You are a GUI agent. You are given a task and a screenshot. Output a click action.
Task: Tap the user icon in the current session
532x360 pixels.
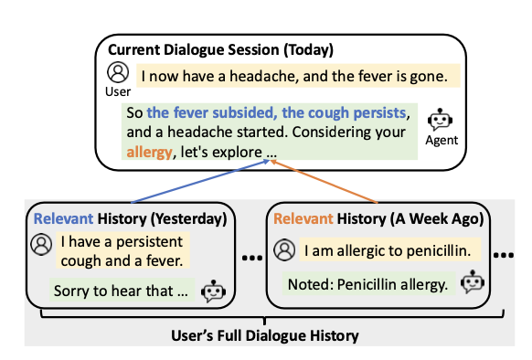pyautogui.click(x=117, y=72)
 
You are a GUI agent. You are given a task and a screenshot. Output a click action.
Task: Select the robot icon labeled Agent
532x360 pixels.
pyautogui.click(x=441, y=121)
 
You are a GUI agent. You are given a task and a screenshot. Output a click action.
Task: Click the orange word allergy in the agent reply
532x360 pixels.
pyautogui.click(x=149, y=152)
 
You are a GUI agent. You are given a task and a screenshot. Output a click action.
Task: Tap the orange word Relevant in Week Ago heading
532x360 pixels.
pyautogui.click(x=303, y=218)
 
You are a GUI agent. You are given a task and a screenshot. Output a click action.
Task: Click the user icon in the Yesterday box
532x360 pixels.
pyautogui.click(x=41, y=244)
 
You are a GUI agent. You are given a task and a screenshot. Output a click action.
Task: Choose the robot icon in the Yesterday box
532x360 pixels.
pyautogui.click(x=213, y=291)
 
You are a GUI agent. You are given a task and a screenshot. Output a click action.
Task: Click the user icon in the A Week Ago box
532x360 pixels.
pyautogui.click(x=284, y=248)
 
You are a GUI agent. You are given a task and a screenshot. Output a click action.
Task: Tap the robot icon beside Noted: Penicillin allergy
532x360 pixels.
pyautogui.click(x=472, y=281)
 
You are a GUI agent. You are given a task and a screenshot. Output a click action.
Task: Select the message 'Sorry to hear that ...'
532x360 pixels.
pyautogui.click(x=120, y=291)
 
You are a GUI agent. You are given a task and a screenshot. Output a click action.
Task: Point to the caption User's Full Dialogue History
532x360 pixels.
pyautogui.click(x=265, y=336)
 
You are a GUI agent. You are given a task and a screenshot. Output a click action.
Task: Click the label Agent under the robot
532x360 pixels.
pyautogui.click(x=442, y=141)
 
